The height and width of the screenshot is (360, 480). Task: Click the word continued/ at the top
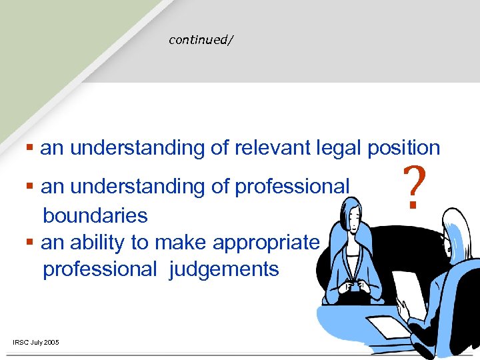point(201,40)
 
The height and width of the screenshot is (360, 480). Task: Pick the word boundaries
point(95,215)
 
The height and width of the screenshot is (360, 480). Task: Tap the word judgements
point(224,269)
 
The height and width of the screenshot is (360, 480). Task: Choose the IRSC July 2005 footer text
point(36,343)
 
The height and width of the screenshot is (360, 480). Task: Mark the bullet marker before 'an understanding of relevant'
point(30,147)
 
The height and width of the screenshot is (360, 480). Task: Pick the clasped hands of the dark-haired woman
point(353,287)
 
